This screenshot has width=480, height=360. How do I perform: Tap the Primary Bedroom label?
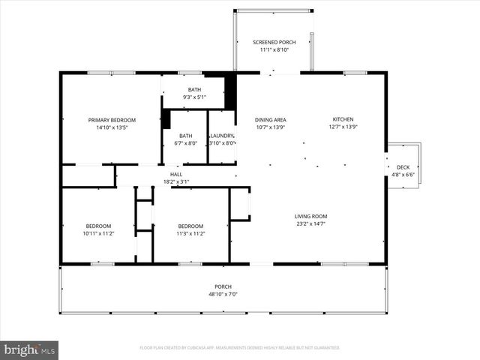point(112,120)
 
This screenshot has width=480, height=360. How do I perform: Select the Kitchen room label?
point(343,119)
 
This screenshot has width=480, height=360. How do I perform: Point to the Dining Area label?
point(271,119)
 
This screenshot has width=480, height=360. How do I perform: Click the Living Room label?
point(310,217)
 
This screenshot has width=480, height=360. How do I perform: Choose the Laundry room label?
point(222,136)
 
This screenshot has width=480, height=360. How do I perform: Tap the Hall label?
point(176,174)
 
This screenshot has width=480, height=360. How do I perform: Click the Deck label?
point(403,167)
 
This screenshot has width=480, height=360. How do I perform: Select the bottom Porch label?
point(223,286)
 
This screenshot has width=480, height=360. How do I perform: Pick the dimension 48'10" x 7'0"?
point(223,294)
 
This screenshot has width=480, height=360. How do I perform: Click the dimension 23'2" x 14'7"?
point(310,224)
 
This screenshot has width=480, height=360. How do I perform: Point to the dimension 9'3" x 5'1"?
point(194,97)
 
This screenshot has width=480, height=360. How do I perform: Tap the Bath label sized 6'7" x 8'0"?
point(185,136)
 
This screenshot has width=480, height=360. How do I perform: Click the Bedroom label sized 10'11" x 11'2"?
point(98,226)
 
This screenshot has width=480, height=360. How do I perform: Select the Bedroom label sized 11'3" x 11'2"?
point(190,226)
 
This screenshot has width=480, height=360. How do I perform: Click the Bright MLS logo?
point(30,349)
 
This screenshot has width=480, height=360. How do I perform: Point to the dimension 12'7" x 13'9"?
point(343,127)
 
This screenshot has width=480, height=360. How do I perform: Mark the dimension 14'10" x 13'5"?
point(112,127)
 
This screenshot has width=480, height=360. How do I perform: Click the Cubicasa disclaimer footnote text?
point(239,348)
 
